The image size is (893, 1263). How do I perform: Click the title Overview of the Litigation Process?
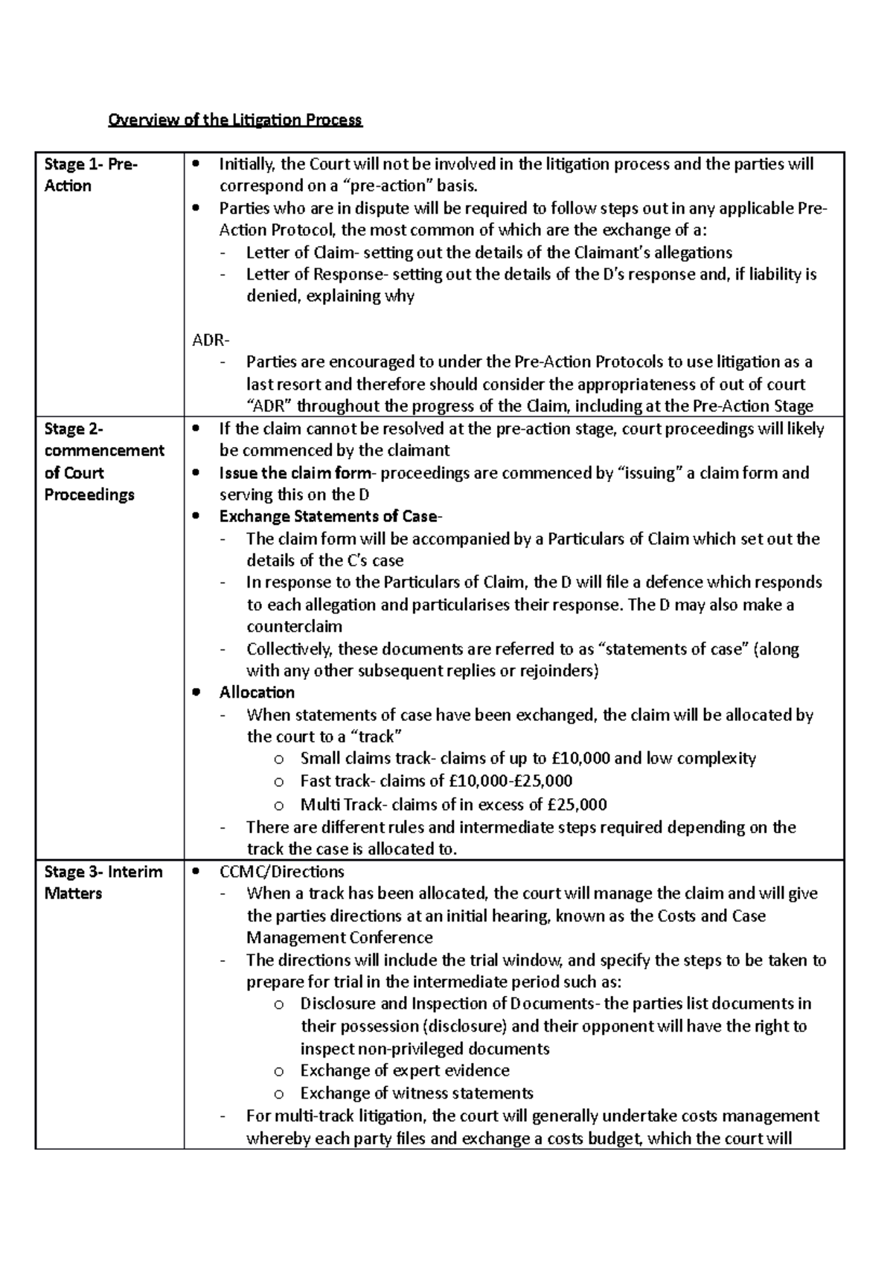(235, 120)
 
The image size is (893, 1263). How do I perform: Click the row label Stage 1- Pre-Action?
(91, 175)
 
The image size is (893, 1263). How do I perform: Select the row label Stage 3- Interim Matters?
(103, 882)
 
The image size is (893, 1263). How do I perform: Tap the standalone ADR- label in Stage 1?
(211, 341)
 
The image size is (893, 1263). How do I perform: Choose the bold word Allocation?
(257, 692)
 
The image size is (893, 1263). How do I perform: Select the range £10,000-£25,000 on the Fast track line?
(511, 781)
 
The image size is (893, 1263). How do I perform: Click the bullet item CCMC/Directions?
(282, 871)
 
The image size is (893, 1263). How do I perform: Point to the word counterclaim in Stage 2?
(294, 626)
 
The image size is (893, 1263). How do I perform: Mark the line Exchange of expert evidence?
(405, 1071)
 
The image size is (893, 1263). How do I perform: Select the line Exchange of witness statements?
(417, 1093)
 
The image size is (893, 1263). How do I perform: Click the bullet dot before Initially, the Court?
(196, 164)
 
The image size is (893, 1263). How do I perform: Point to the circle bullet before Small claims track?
(279, 759)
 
